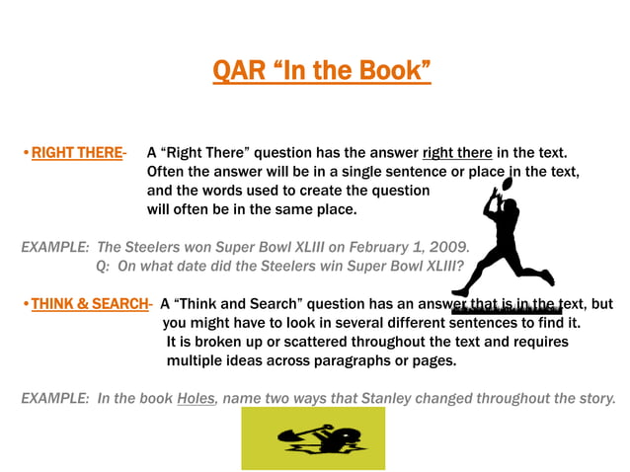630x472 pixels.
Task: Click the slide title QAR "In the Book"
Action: pos(322,71)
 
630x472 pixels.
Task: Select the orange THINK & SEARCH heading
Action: pos(90,304)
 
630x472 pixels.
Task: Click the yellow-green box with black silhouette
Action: pos(313,437)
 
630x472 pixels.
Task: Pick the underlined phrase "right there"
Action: pos(457,153)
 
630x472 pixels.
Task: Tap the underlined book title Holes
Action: pos(197,399)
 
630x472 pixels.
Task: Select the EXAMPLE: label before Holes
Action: pos(54,399)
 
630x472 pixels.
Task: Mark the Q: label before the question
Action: pos(105,266)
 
